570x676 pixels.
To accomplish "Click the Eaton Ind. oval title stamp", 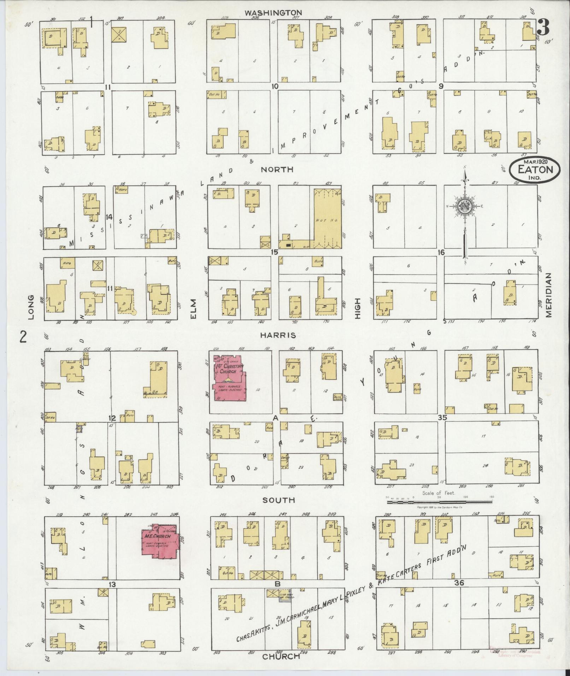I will point(535,170).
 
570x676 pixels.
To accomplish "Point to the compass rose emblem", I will point(463,206).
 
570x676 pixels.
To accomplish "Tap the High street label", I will point(357,308).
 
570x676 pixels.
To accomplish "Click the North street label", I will point(277,170).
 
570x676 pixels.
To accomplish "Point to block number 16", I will point(440,252).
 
